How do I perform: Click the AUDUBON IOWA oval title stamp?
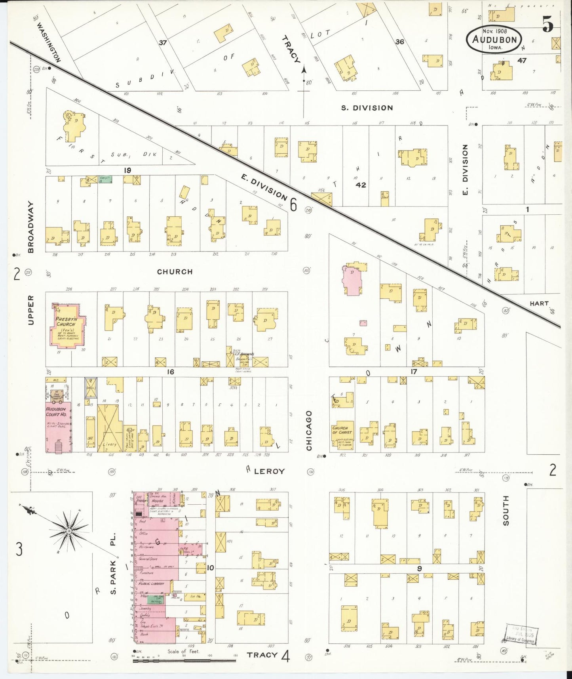coord(494,39)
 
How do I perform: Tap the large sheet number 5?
coord(548,25)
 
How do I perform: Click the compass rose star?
coord(68,530)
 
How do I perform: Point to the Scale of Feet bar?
coord(184,660)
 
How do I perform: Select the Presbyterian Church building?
coord(66,325)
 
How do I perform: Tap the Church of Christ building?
coord(341,435)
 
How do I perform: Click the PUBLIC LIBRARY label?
coord(151,584)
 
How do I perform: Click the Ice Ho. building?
coord(196,596)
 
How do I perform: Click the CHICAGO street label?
coord(309,431)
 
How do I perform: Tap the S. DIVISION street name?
coord(367,108)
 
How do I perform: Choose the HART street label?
coord(539,303)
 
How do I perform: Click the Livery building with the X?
coord(109,428)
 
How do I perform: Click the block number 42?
coord(360,185)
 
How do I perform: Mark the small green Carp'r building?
coord(105,179)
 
